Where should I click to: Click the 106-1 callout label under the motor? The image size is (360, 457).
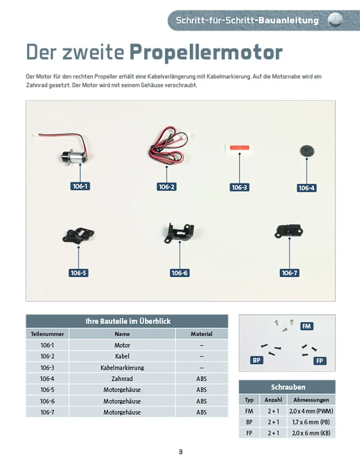[x=80, y=186]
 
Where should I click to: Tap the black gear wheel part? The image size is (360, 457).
[x=307, y=151]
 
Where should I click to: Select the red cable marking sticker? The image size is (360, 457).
[x=240, y=148]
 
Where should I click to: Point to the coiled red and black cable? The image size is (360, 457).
[x=168, y=144]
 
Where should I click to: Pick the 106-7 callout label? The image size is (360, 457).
[x=289, y=273]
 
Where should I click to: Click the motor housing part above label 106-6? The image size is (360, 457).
[x=179, y=232]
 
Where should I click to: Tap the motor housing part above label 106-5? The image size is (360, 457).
[x=78, y=235]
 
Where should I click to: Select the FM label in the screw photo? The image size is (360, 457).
[x=306, y=326]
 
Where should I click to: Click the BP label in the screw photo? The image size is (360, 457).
[x=257, y=360]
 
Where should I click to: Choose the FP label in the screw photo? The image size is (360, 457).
[x=320, y=361]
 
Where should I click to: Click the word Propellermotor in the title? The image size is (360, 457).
[x=206, y=52]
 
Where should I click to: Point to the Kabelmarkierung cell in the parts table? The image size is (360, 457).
[x=122, y=367]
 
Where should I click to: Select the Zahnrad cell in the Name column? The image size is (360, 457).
[x=122, y=379]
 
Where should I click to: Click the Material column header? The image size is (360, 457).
[x=202, y=334]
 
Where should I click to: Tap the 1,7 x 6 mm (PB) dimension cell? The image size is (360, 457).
[x=311, y=422]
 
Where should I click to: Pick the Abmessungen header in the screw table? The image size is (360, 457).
[x=311, y=400]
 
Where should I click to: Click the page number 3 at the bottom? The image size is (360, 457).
[x=180, y=452]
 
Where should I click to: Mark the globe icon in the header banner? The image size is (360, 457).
[x=336, y=20]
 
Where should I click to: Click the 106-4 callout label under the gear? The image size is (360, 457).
[x=307, y=188]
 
